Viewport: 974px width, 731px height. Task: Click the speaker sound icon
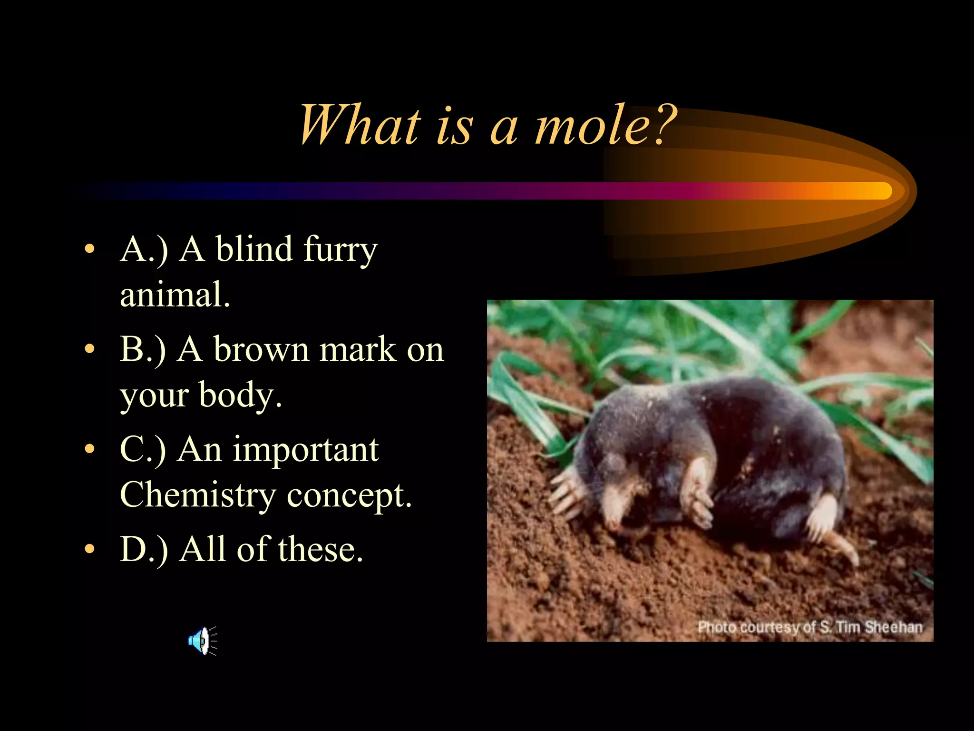[x=202, y=641]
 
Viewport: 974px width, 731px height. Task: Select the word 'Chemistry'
[x=198, y=495]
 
